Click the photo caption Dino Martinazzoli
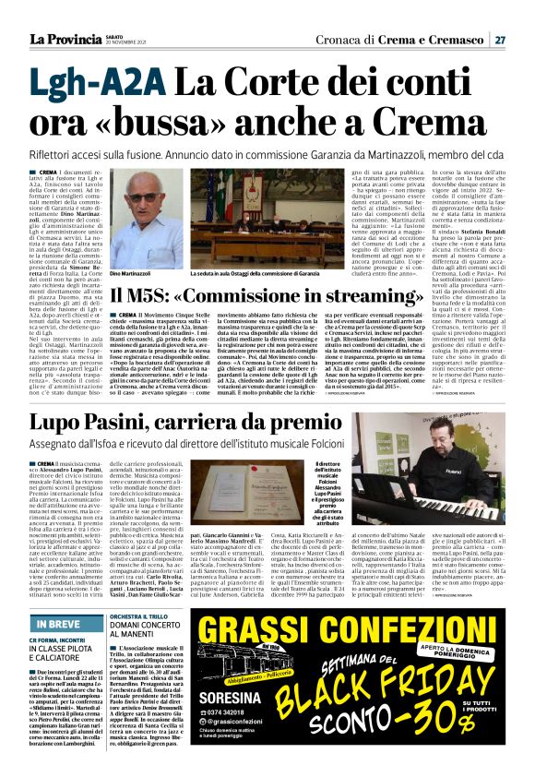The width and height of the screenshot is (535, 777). (130, 275)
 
